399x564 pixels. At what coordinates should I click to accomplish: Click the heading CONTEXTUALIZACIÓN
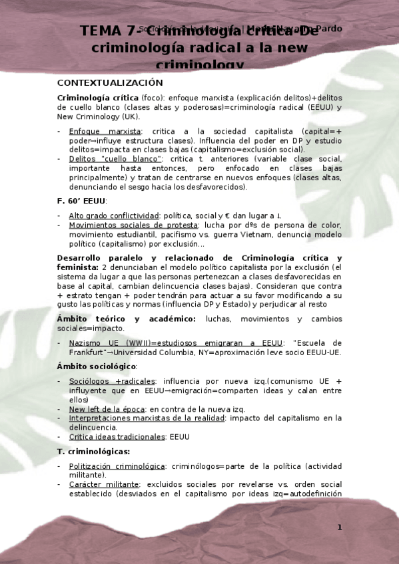[110, 82]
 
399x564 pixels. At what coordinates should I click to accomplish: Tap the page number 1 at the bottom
[339, 527]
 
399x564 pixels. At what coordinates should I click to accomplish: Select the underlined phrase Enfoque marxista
[105, 132]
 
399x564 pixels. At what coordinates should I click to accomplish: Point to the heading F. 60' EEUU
[81, 201]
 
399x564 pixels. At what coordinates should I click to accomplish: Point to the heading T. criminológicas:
[93, 452]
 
